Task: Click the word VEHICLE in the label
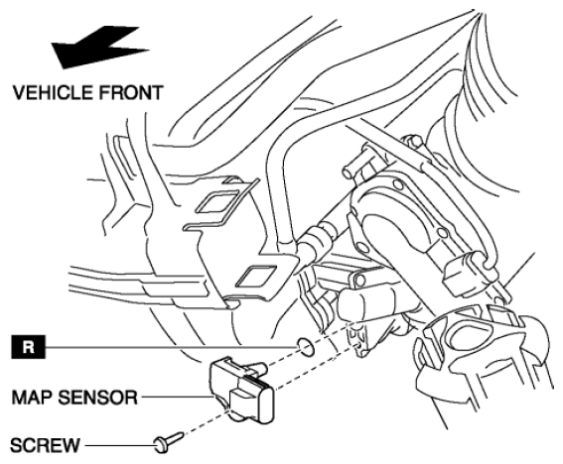(53, 92)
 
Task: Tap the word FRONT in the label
(131, 92)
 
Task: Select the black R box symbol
(29, 347)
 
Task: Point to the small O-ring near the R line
(305, 347)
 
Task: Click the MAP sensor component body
(242, 390)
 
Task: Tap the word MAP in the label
(33, 398)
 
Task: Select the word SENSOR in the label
(97, 398)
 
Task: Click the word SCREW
(45, 445)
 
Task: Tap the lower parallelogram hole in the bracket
(257, 276)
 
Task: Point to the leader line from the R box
(171, 347)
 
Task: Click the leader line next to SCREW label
(120, 446)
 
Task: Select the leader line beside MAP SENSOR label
(177, 397)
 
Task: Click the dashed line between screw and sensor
(207, 423)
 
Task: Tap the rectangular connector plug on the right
(463, 274)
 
